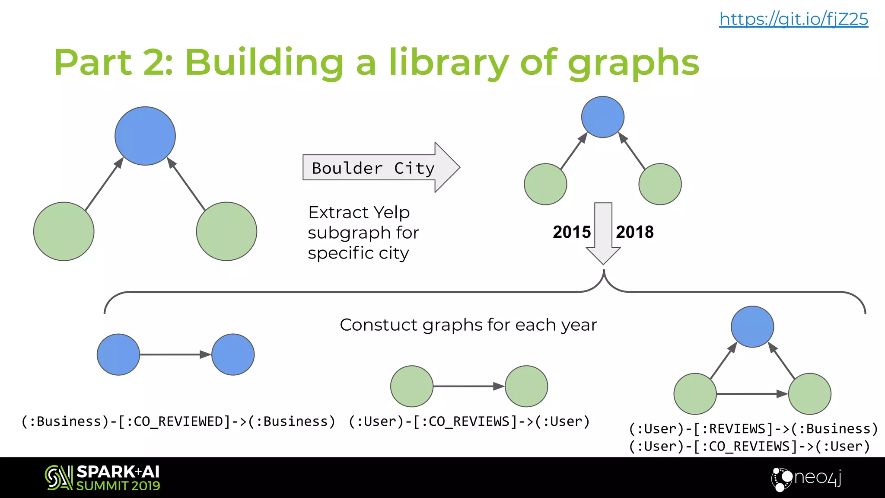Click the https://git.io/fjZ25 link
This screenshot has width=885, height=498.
click(x=793, y=19)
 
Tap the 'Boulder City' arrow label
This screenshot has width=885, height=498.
click(x=373, y=168)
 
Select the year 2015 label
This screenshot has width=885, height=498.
click(x=571, y=232)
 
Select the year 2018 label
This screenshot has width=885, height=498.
click(x=634, y=232)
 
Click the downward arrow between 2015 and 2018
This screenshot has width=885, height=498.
click(x=603, y=233)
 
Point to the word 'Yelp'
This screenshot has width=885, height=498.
click(x=392, y=212)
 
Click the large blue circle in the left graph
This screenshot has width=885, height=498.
click(x=145, y=136)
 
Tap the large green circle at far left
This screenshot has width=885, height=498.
click(x=64, y=231)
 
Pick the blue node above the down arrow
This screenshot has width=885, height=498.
click(x=603, y=117)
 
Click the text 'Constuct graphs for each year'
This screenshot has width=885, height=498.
click(x=468, y=325)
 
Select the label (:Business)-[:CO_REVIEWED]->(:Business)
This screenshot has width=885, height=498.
click(x=178, y=421)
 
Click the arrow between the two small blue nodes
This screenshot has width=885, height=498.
click(x=175, y=354)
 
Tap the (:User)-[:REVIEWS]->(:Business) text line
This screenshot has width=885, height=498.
click(x=753, y=429)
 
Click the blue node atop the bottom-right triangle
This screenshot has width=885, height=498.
click(x=752, y=327)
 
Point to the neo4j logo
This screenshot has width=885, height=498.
click(x=806, y=478)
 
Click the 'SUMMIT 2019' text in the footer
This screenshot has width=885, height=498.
click(x=118, y=486)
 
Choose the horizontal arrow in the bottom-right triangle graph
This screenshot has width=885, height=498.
click(x=752, y=394)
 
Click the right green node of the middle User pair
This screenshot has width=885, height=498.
click(x=526, y=386)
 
